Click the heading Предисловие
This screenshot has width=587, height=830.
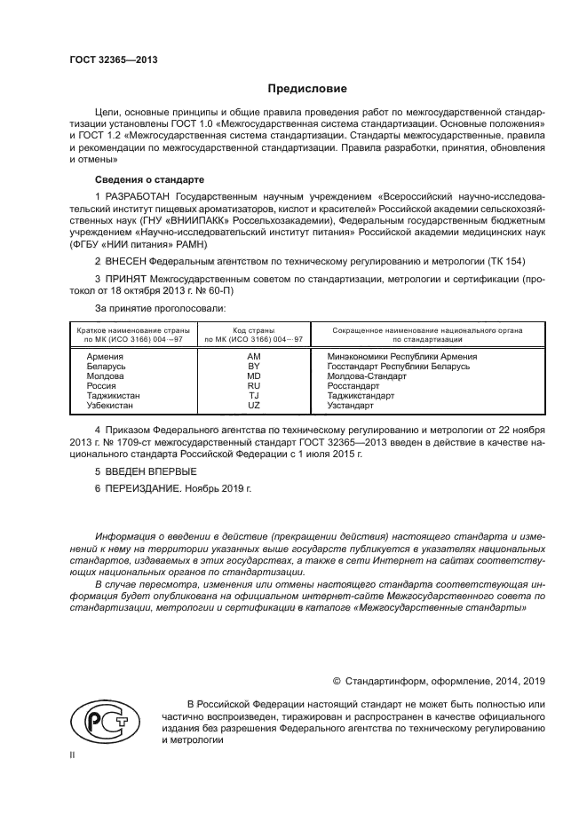coord(308,89)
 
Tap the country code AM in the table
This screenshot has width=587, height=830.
coord(253,356)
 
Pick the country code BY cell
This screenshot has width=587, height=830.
coord(253,366)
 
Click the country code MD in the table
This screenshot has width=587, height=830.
coord(253,375)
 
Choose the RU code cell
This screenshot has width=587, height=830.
coord(253,385)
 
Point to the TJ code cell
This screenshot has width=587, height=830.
coord(253,395)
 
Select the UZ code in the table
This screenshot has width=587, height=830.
coord(253,405)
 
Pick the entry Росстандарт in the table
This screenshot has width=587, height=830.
coord(353,385)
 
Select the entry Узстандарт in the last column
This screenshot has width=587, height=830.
coord(350,405)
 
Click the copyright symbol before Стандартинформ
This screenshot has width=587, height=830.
coord(337,681)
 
